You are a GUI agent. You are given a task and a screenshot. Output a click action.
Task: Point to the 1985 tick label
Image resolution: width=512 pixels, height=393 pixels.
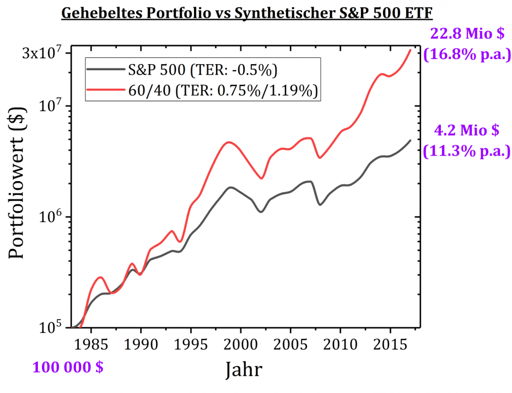(92, 343)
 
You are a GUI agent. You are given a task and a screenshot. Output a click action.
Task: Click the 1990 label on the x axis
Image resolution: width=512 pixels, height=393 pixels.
(141, 343)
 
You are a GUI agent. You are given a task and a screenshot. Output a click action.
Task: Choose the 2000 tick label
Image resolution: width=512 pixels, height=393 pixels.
(241, 343)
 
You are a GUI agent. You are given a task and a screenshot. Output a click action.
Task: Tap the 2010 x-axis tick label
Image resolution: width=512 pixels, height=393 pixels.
(340, 343)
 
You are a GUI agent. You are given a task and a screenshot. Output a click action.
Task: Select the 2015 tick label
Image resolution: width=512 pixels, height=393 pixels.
(390, 343)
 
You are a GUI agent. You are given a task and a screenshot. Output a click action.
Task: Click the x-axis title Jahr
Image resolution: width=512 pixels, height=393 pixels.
(246, 369)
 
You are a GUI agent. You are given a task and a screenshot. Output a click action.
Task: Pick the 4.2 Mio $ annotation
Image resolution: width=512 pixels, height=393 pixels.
(466, 131)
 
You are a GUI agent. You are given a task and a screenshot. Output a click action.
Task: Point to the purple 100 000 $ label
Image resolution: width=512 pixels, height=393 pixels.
(68, 367)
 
